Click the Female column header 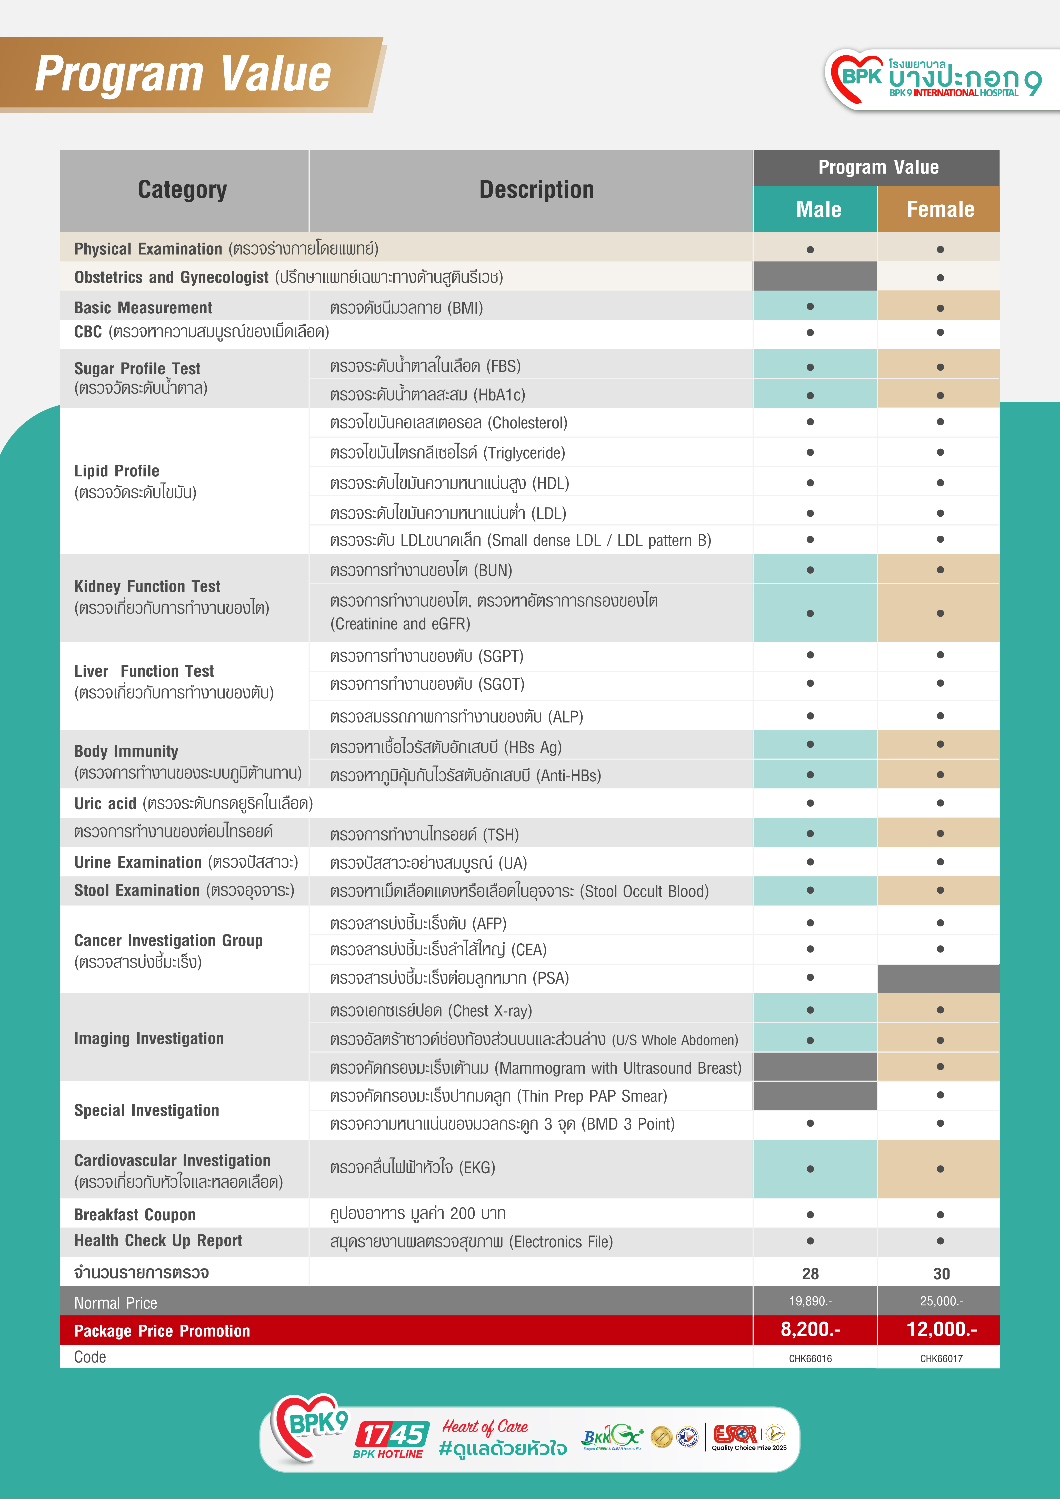pyautogui.click(x=940, y=209)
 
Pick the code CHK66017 pyautogui.click(x=941, y=1359)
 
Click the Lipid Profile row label pyautogui.click(x=117, y=471)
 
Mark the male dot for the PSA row pyautogui.click(x=810, y=977)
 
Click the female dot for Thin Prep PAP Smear pyautogui.click(x=940, y=1095)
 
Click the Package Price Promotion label pyautogui.click(x=162, y=1331)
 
